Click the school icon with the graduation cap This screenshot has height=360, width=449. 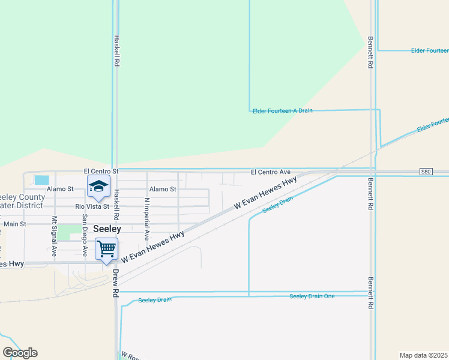pyautogui.click(x=98, y=186)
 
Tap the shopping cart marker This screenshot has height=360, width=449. pyautogui.click(x=106, y=248)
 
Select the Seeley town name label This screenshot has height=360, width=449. pyautogui.click(x=106, y=229)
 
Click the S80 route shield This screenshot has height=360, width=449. pyautogui.click(x=426, y=172)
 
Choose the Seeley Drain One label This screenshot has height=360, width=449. pyautogui.click(x=312, y=296)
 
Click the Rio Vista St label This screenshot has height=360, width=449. pyautogui.click(x=92, y=206)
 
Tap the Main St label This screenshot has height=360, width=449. pyautogui.click(x=15, y=224)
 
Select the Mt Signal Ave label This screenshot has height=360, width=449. pyautogui.click(x=54, y=236)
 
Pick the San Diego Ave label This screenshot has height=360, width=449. pyautogui.click(x=85, y=236)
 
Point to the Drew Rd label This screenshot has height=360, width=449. pyautogui.click(x=115, y=284)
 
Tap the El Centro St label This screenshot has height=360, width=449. pyautogui.click(x=101, y=172)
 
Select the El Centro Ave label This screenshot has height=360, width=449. pyautogui.click(x=270, y=172)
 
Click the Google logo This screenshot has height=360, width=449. pyautogui.click(x=20, y=353)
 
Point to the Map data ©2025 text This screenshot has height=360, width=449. pyautogui.click(x=423, y=355)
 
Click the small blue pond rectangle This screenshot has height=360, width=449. pyautogui.click(x=42, y=179)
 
